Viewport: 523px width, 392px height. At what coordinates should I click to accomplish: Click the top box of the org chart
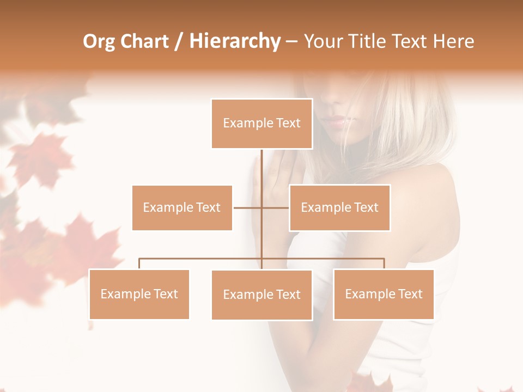point(261,124)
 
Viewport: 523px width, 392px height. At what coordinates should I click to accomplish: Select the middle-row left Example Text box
point(182,207)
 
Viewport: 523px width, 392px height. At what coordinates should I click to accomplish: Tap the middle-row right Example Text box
point(339,207)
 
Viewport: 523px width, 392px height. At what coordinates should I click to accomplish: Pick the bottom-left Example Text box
point(139,294)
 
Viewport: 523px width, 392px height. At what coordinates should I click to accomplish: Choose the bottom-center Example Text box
point(261,295)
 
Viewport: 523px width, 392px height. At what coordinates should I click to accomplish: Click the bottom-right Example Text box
point(384,294)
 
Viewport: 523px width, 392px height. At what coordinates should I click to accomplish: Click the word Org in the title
point(99,41)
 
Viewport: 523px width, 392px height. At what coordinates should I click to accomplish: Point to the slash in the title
point(178,42)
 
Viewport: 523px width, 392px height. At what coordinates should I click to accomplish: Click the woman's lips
point(336,121)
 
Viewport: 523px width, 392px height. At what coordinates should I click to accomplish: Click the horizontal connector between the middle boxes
point(261,207)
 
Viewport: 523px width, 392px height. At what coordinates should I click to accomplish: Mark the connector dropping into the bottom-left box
point(139,264)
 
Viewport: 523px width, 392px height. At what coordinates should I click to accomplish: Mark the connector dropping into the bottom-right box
point(384,264)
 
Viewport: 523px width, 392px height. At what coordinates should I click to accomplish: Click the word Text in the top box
point(287,123)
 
